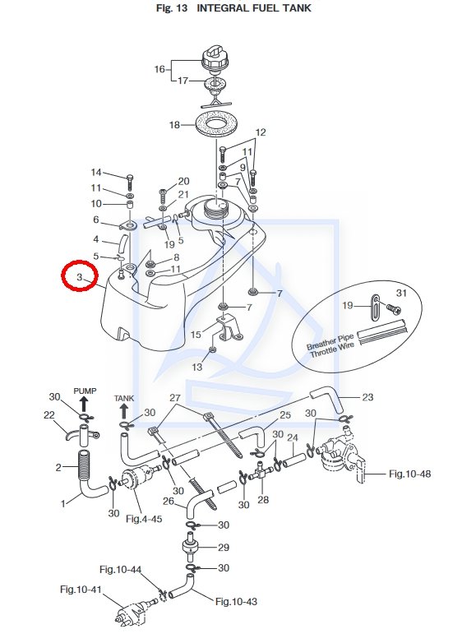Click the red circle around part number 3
pyautogui.click(x=62, y=275)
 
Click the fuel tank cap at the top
pyautogui.click(x=215, y=60)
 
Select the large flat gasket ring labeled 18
pyautogui.click(x=216, y=124)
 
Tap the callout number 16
pyautogui.click(x=159, y=69)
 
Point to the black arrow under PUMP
pyautogui.click(x=84, y=404)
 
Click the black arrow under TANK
pyautogui.click(x=123, y=410)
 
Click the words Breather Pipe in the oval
pyautogui.click(x=330, y=342)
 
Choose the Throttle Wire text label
pyautogui.click(x=331, y=349)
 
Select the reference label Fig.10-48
pyautogui.click(x=409, y=474)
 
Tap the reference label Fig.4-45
pyautogui.click(x=144, y=519)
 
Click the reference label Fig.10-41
pyautogui.click(x=81, y=590)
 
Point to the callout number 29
pyautogui.click(x=224, y=547)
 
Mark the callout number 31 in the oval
pyautogui.click(x=401, y=293)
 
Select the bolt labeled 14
pyautogui.click(x=130, y=182)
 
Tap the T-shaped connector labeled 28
pyautogui.click(x=261, y=470)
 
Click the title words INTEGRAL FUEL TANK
pyautogui.click(x=254, y=7)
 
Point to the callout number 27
pyautogui.click(x=175, y=398)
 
